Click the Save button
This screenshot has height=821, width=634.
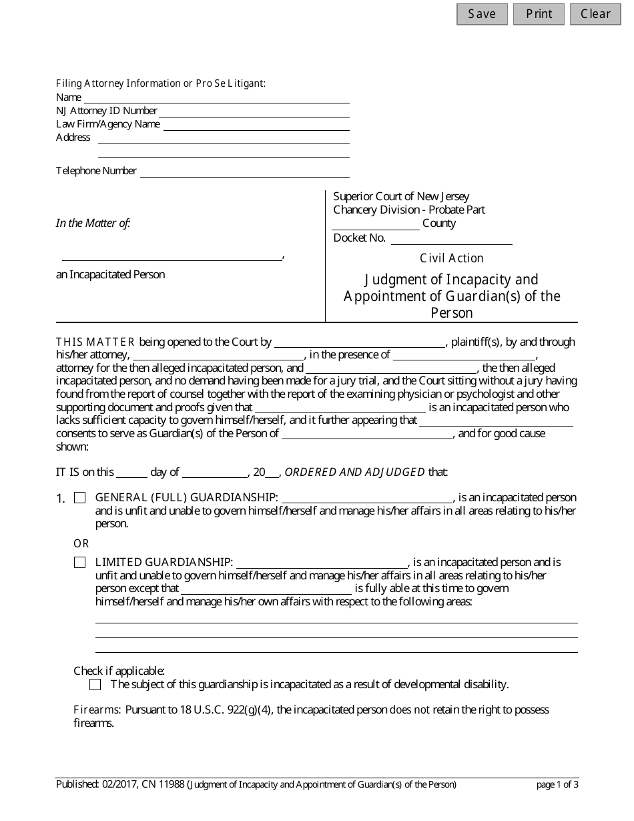pyautogui.click(x=482, y=14)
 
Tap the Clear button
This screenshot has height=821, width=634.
pyautogui.click(x=595, y=14)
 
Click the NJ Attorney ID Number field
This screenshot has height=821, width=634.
pyautogui.click(x=254, y=111)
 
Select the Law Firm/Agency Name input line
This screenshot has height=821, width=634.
pyautogui.click(x=256, y=125)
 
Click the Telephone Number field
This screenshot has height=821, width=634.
pyautogui.click(x=245, y=172)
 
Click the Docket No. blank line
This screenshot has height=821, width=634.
pyautogui.click(x=451, y=239)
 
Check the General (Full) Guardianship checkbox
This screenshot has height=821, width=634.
pyautogui.click(x=80, y=498)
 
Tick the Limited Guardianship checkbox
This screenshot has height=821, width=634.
pyautogui.click(x=80, y=563)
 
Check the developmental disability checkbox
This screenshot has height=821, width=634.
pyautogui.click(x=95, y=685)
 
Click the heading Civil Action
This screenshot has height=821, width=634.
pyautogui.click(x=452, y=258)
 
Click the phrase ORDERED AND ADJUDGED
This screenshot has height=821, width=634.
pyautogui.click(x=355, y=473)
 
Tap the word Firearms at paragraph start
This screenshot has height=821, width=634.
pyautogui.click(x=97, y=710)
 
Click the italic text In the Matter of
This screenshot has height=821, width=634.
pyautogui.click(x=93, y=224)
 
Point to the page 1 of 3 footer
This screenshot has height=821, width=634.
pyautogui.click(x=557, y=785)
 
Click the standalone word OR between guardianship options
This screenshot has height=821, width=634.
pyautogui.click(x=81, y=544)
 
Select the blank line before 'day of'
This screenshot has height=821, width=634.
pyautogui.click(x=132, y=473)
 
